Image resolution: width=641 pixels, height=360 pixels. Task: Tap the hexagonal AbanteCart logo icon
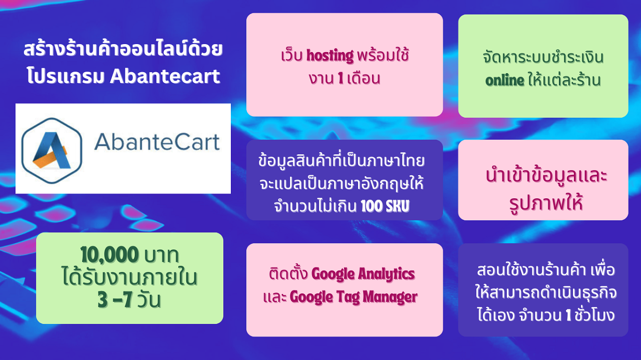[52, 151]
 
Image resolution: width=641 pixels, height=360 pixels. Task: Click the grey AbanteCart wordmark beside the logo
[157, 142]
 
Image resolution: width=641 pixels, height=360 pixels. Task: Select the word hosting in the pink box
[330, 56]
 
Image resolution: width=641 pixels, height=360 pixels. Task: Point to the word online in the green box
[505, 81]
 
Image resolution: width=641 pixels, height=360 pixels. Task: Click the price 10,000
[110, 254]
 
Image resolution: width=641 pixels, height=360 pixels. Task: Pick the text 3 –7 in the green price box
[115, 299]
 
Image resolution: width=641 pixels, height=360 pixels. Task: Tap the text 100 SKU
[385, 206]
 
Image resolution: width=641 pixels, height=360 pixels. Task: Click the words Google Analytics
[363, 274]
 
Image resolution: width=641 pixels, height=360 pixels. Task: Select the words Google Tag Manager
[354, 297]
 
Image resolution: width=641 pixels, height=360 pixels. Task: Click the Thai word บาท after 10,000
[162, 255]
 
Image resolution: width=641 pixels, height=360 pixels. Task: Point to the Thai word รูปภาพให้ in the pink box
[546, 203]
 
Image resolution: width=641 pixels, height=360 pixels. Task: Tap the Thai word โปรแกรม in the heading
[66, 76]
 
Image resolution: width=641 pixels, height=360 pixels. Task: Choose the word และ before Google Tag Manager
[275, 297]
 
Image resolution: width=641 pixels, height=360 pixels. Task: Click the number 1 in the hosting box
[341, 78]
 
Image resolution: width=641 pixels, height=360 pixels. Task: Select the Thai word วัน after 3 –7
[149, 300]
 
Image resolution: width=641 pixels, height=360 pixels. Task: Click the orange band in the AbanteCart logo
[50, 157]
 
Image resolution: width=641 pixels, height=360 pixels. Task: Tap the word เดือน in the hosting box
[364, 78]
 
